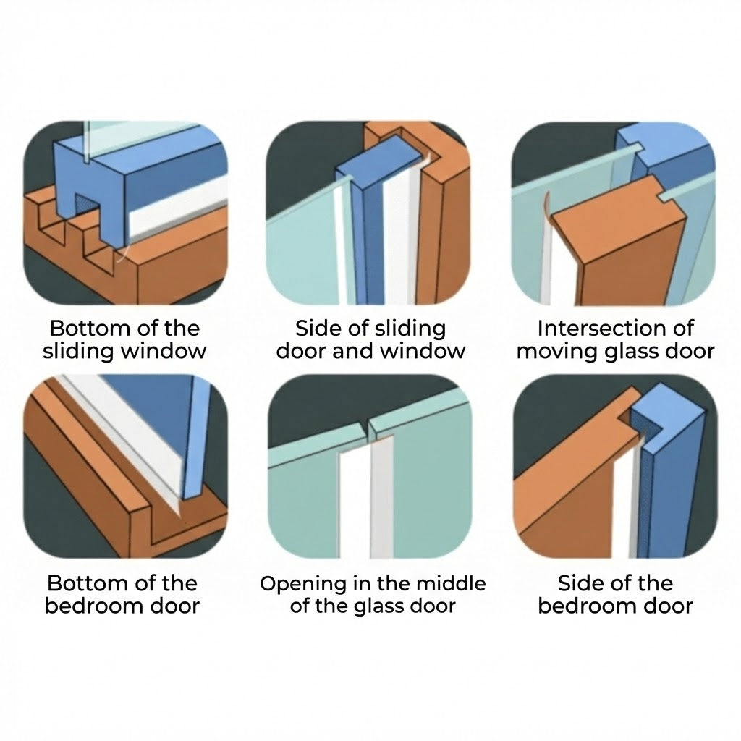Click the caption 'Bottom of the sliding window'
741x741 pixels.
(124, 339)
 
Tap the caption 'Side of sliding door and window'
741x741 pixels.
(370, 339)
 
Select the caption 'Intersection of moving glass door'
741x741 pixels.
(615, 339)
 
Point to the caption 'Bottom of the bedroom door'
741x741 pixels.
(122, 594)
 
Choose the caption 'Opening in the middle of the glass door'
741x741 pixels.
(373, 594)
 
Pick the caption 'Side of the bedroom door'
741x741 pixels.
(615, 594)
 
